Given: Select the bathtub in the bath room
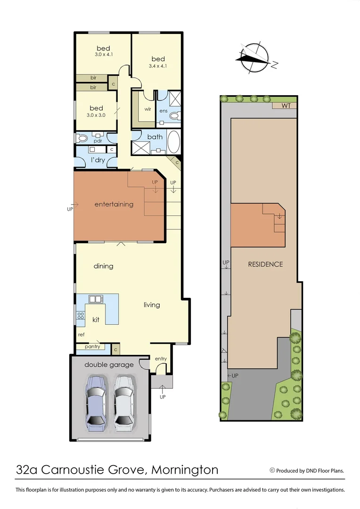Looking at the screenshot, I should click(173, 143).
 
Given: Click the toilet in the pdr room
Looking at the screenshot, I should click(82, 139).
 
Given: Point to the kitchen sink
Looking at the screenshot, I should click(95, 299).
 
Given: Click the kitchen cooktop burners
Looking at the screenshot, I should click(81, 315).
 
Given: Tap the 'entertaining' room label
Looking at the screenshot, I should click(114, 205).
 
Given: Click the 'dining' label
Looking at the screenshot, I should click(103, 266).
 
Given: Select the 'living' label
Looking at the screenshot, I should click(152, 305).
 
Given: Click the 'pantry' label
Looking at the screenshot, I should click(92, 347).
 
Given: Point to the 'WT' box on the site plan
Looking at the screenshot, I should click(286, 106).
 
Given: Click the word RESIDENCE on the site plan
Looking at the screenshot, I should click(265, 264).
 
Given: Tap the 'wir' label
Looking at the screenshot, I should click(147, 109).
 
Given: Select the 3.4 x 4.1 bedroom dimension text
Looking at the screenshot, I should click(158, 66).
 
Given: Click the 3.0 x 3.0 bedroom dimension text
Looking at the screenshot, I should click(96, 115).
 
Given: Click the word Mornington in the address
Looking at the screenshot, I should click(186, 470).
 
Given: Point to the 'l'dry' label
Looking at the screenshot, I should click(98, 160).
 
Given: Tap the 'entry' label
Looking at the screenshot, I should click(161, 359).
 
